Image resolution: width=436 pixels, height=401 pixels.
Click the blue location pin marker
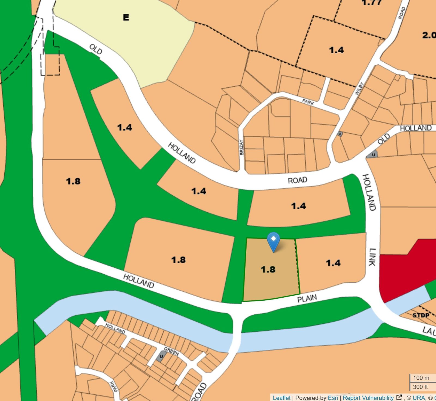pos(273,242)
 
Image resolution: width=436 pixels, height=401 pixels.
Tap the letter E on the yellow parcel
pos(126,17)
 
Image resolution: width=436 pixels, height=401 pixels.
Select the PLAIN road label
pos(307,298)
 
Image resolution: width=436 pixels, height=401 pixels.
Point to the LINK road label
pos(373,257)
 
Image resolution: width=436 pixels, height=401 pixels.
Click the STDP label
pos(421,315)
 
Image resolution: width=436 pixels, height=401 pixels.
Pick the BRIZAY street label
pos(241,147)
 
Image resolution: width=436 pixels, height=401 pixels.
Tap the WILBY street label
pos(359,89)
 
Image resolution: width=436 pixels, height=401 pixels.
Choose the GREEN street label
pos(171,351)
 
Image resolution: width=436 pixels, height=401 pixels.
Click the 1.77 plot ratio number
pos(371,3)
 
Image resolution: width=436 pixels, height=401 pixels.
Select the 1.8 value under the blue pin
pos(268,270)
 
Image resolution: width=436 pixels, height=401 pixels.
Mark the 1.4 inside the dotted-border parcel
pos(336,50)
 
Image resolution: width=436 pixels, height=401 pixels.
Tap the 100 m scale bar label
pos(421,378)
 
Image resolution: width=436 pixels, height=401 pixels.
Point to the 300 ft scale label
pos(420,387)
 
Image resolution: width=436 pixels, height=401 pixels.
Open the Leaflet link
pos(281,398)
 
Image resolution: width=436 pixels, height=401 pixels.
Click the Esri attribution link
pos(333,398)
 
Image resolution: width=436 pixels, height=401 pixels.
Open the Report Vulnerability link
pos(368,398)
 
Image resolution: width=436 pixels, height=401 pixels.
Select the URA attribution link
pos(419,398)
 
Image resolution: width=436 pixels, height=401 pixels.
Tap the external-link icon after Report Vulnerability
pos(399,397)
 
